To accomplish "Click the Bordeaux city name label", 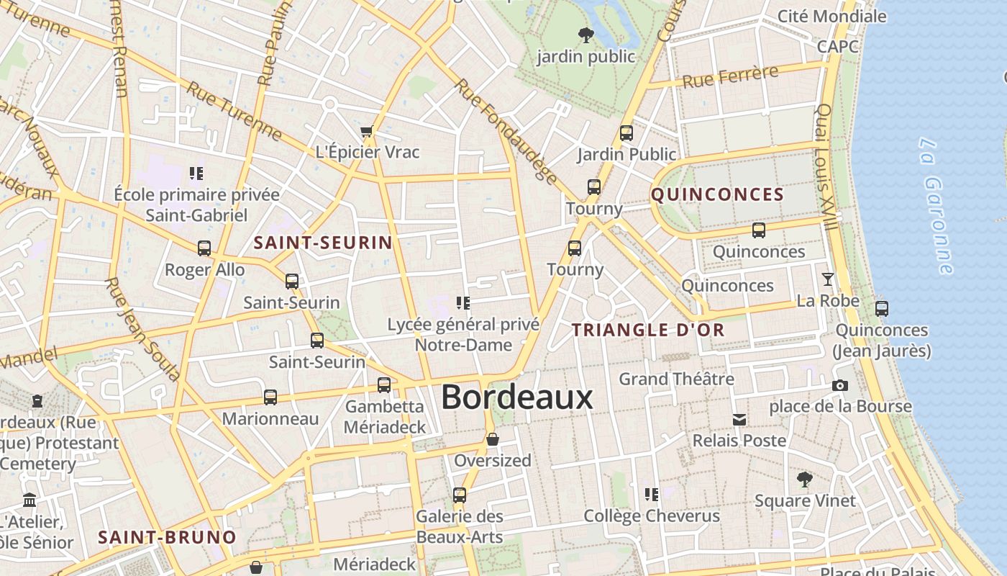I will coord(516,397).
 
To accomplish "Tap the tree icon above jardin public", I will coord(586,33).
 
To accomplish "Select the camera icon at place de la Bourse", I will coord(839,386).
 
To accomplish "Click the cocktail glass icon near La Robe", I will coord(828,279).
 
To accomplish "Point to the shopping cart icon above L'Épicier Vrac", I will coord(367,132).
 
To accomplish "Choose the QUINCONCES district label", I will coord(717,194).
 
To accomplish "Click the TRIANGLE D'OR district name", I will coord(647,330).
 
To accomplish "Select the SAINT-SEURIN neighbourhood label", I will coord(323,243).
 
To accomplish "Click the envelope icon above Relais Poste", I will coord(739,420).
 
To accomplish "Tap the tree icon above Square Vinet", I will coord(804,479).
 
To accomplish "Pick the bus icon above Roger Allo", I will coord(204,248).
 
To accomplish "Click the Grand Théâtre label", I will coord(676,379).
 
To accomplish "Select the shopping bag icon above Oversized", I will coord(493,439).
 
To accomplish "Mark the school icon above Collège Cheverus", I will coord(651,495).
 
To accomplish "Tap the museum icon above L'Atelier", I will coord(29,500).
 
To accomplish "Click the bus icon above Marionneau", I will coord(270,397).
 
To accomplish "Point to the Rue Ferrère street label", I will coord(730,76).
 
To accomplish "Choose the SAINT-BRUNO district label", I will coord(167,537).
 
